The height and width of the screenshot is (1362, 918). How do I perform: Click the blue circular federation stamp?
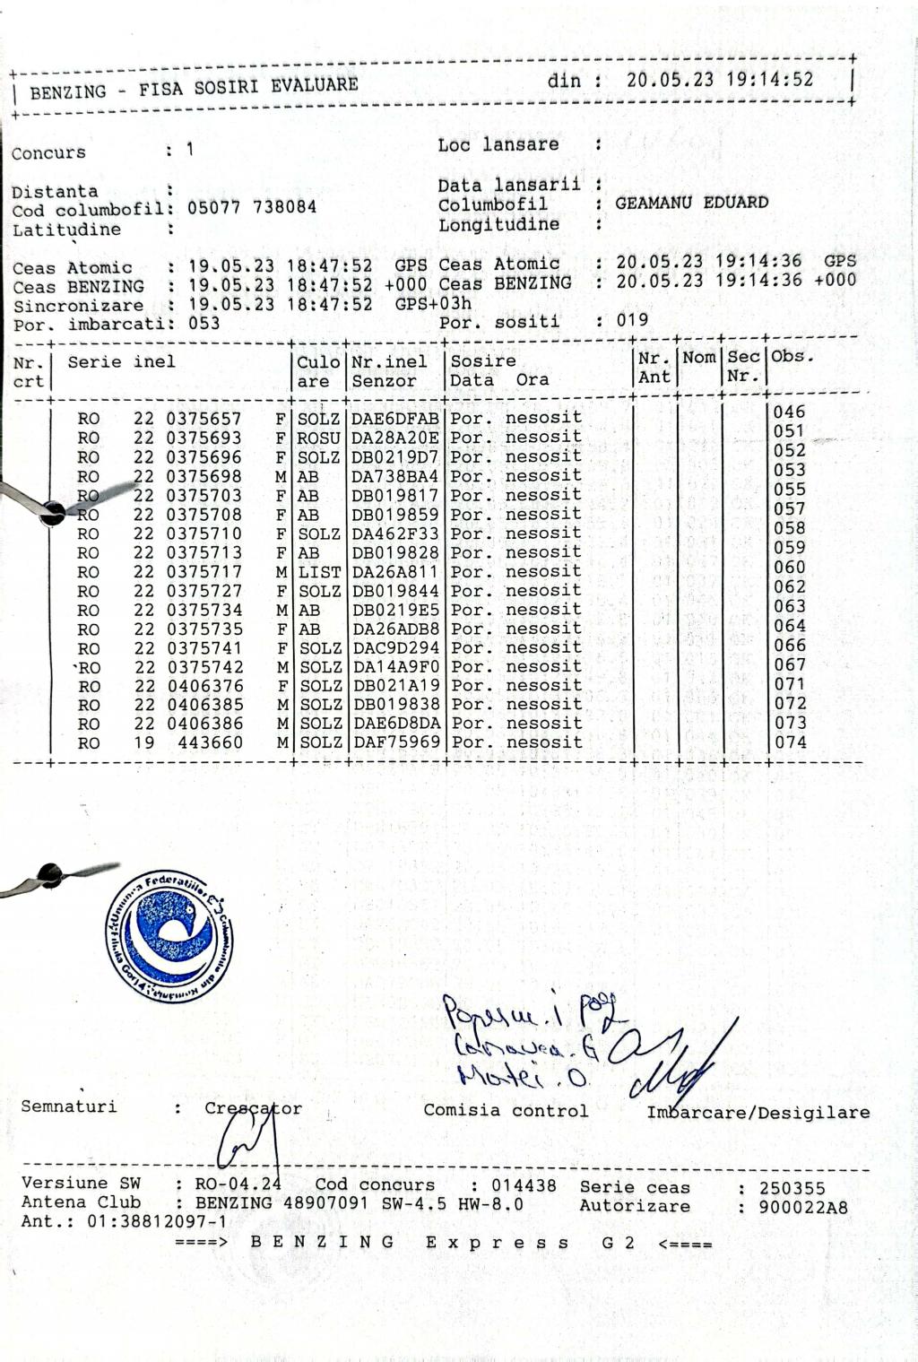click(169, 936)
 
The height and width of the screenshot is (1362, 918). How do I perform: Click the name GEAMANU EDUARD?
click(691, 203)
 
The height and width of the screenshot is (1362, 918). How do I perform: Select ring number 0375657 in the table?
click(204, 419)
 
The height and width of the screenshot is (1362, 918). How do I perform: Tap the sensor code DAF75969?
click(395, 742)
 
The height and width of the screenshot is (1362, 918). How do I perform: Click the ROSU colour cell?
click(318, 438)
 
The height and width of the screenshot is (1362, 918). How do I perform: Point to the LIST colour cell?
click(318, 572)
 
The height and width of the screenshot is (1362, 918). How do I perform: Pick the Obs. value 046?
click(790, 412)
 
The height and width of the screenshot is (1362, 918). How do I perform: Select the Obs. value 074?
click(790, 742)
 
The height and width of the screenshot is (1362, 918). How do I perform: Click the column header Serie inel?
click(121, 362)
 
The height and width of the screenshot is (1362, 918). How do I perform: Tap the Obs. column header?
click(792, 356)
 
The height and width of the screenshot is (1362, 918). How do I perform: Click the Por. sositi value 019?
click(632, 320)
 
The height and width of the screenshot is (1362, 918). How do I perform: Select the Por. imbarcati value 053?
click(204, 323)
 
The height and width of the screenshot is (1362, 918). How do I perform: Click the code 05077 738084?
click(252, 207)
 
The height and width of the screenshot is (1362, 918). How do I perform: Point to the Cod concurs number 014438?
click(524, 1185)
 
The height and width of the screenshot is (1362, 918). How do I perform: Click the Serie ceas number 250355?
click(792, 1188)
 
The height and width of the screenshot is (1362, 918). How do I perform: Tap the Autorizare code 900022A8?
click(802, 1207)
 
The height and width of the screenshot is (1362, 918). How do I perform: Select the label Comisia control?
click(506, 1111)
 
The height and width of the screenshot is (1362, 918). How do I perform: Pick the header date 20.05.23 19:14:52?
click(720, 80)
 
